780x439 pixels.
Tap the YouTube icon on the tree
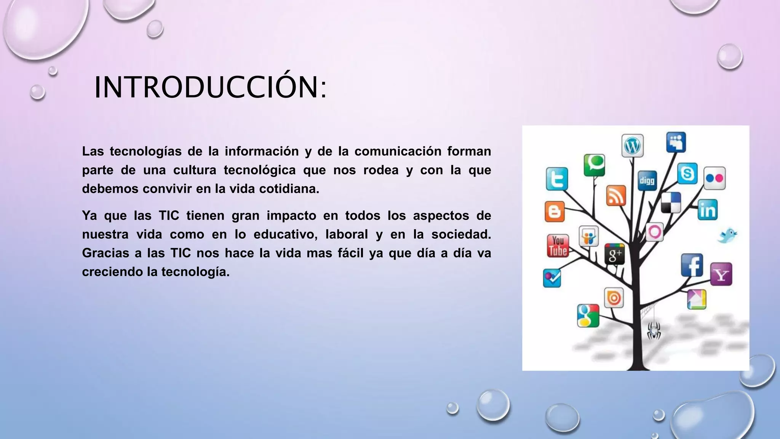click(x=558, y=246)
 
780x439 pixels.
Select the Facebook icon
click(x=692, y=265)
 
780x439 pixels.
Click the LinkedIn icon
click(x=708, y=210)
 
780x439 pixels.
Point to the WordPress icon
click(x=633, y=146)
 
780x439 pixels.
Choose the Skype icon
click(x=687, y=174)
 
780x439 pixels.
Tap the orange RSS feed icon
click(x=616, y=196)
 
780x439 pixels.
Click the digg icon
click(x=647, y=180)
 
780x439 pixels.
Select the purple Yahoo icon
click(x=721, y=274)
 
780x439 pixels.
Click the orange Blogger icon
click(x=555, y=211)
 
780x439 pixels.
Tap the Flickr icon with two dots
click(x=714, y=178)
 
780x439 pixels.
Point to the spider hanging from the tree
click(x=654, y=330)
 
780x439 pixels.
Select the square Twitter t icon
click(x=557, y=179)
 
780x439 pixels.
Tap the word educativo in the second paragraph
click(x=285, y=234)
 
